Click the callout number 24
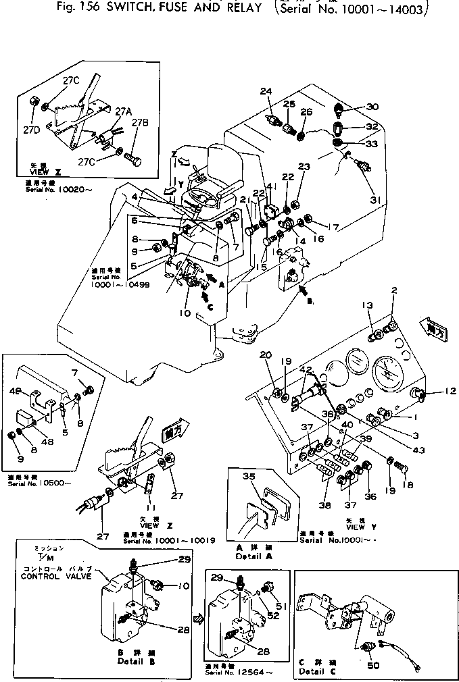coord(266,91)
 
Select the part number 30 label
coord(372,107)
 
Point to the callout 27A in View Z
coord(122,111)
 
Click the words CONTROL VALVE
coord(52,577)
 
